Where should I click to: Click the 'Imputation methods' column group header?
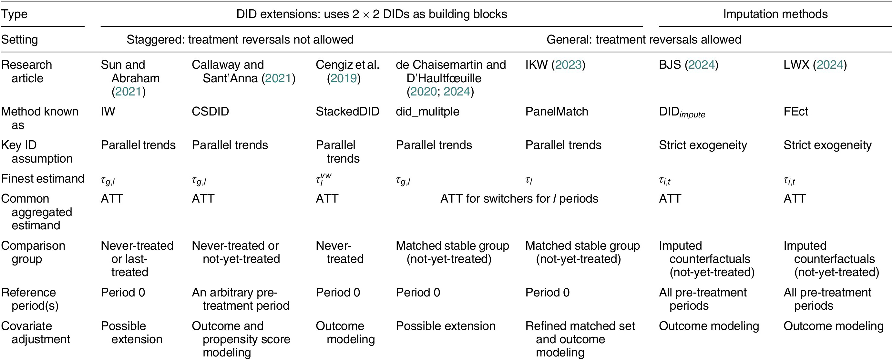775,14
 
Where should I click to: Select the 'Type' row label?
14,15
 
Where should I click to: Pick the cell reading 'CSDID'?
210,112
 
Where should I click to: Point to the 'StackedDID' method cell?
347,112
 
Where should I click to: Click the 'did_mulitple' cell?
427,112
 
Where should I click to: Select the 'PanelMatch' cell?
557,112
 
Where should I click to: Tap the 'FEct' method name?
795,112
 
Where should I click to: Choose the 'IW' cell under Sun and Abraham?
108,112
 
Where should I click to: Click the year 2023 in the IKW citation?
568,65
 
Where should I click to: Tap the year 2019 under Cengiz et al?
344,78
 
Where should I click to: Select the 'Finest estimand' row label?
43,179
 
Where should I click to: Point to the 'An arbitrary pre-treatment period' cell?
241,299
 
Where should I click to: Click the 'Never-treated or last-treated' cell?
137,259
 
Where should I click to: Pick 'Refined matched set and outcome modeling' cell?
580,339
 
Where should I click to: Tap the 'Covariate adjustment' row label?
36,333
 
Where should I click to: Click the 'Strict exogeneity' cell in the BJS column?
703,145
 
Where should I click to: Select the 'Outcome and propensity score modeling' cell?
241,339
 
